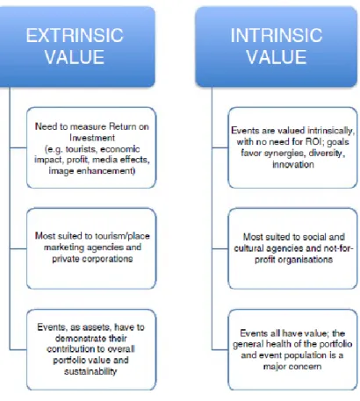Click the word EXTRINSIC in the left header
tap(75, 35)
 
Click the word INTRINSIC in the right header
tap(277, 35)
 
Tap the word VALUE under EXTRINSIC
tap(75, 57)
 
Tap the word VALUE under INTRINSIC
tap(277, 57)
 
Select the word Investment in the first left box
tap(92, 138)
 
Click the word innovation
tap(293, 164)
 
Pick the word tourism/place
tap(125, 236)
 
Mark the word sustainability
tap(90, 371)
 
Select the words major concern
tap(292, 367)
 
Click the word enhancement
tap(104, 171)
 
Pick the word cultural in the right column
tap(248, 248)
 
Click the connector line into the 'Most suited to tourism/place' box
tap(18, 249)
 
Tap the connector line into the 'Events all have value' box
tap(220, 349)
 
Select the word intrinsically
tap(331, 131)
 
